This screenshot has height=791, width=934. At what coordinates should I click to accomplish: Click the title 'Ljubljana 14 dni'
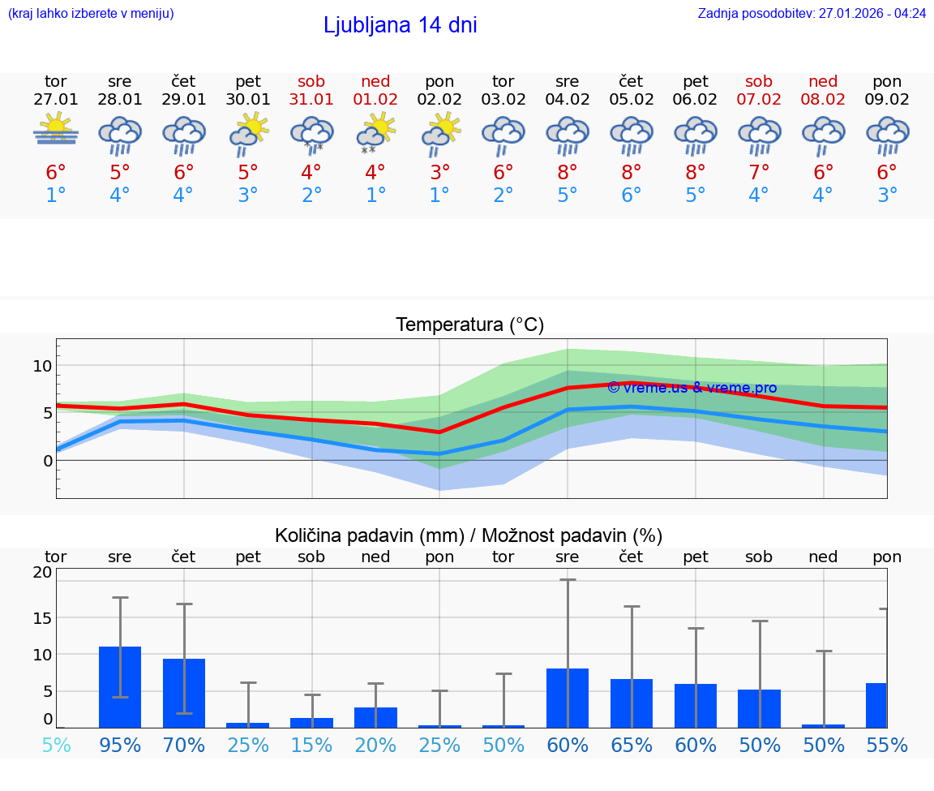tap(400, 25)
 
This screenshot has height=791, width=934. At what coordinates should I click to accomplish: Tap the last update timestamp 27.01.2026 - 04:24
tap(812, 13)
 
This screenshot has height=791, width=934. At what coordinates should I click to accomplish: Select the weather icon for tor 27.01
tap(56, 131)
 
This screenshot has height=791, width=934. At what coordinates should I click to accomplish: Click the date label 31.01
tap(311, 99)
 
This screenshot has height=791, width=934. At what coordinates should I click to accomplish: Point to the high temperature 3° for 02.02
tap(439, 172)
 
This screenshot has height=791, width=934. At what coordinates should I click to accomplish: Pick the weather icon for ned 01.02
tap(375, 134)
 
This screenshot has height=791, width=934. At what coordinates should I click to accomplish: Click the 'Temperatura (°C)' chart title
tap(469, 325)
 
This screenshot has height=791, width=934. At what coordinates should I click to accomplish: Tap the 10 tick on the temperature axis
tap(42, 366)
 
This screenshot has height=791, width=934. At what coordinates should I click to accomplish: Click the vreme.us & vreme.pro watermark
tap(692, 388)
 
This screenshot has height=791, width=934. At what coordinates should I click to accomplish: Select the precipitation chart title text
tap(469, 535)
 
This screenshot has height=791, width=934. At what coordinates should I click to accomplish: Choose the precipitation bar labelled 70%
tap(184, 693)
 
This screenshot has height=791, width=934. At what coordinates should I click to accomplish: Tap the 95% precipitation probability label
tap(120, 745)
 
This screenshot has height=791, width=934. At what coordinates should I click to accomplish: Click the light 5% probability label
tap(56, 745)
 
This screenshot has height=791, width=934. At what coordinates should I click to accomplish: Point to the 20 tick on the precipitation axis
tap(42, 572)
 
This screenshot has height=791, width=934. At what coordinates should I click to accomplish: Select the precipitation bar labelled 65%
tap(632, 703)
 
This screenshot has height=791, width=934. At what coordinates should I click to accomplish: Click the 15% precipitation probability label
tap(311, 745)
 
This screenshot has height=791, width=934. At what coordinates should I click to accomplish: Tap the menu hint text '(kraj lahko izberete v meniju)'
tap(91, 13)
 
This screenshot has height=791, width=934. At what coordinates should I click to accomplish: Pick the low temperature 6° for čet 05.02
tap(632, 196)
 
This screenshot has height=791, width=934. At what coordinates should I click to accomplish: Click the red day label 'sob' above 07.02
tap(759, 81)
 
